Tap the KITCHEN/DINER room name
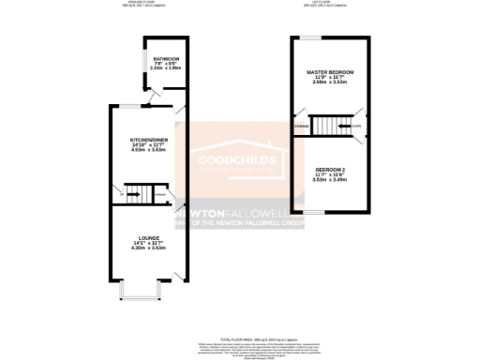149,139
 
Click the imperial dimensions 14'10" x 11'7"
149,144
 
